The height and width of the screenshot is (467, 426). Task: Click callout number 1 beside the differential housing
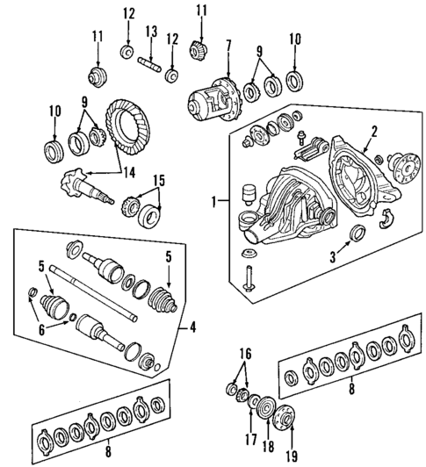[214, 201]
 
